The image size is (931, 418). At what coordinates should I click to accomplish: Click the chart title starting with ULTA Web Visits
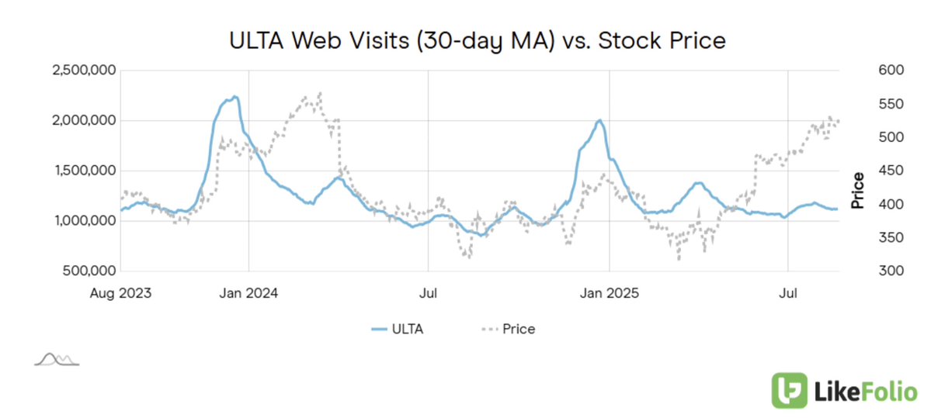478,40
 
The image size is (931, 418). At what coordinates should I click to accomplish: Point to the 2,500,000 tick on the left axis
84,71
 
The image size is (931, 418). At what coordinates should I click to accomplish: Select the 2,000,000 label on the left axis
84,121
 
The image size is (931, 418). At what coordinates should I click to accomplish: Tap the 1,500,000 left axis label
84,171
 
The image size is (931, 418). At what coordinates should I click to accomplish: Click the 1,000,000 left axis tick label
84,221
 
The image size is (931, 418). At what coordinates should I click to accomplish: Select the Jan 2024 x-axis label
248,294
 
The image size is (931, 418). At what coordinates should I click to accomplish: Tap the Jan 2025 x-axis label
610,294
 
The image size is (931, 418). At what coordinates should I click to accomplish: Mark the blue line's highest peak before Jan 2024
234,96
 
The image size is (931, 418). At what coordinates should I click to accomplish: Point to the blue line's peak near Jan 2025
599,120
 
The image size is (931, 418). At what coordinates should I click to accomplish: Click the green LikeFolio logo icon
787,390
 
